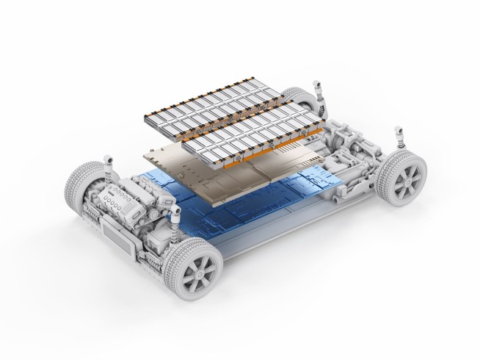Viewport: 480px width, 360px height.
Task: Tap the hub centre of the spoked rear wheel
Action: pos(404,176)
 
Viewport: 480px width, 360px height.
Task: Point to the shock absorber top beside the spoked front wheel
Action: pos(176,215)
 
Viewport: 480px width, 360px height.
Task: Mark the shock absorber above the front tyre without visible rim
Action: pos(108,159)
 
